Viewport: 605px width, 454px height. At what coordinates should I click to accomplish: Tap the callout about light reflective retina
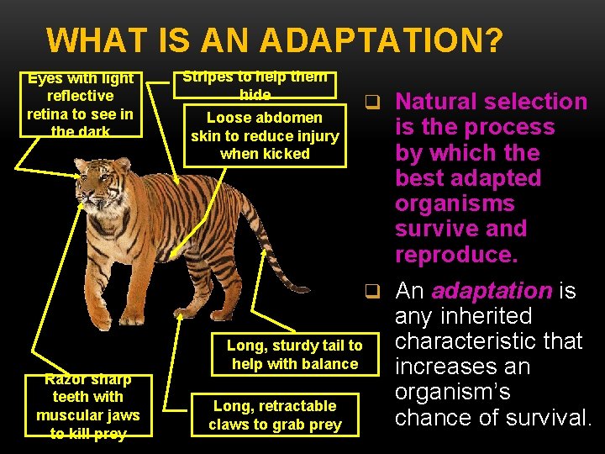[81, 104]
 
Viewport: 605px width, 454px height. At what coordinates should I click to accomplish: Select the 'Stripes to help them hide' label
[255, 82]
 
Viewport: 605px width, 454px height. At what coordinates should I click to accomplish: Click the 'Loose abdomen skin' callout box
[265, 135]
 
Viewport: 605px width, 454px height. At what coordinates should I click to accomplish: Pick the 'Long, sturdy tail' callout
[294, 355]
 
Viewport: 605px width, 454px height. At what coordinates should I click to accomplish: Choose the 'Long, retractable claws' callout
[276, 415]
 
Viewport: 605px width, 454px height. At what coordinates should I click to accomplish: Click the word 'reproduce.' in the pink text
[456, 255]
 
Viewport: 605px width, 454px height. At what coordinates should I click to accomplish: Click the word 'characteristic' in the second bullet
[489, 341]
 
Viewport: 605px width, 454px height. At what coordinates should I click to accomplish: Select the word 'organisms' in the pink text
[455, 203]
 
